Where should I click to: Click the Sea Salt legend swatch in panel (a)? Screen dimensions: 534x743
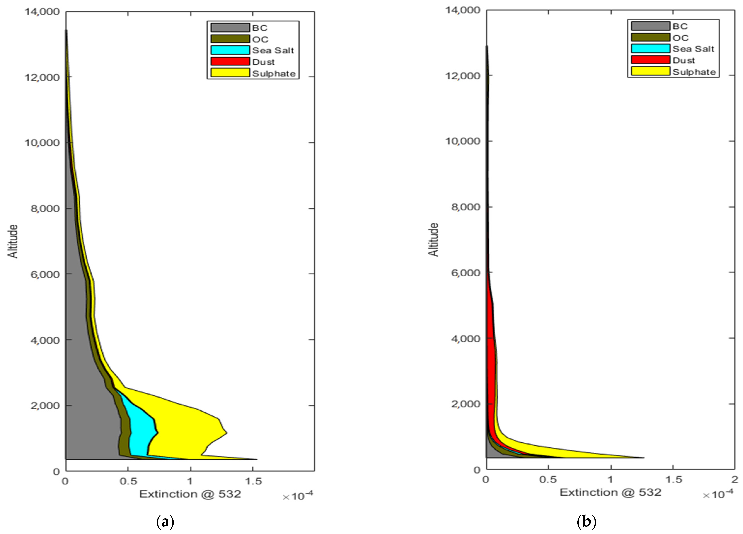230,50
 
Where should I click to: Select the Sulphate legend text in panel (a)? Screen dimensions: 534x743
274,73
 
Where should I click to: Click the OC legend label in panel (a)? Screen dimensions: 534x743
260,39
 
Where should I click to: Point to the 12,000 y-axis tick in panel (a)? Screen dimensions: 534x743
42,77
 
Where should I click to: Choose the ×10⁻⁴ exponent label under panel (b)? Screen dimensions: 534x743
718,495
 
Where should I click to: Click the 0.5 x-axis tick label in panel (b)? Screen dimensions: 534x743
548,480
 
